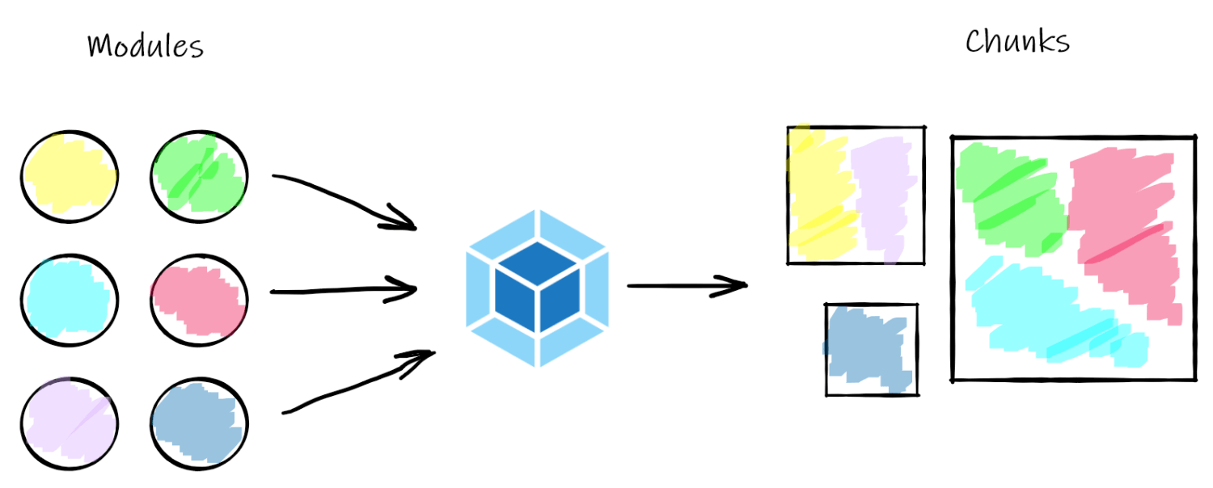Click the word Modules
click(x=145, y=46)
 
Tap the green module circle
click(x=199, y=175)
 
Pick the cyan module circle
click(x=70, y=300)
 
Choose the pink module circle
click(x=199, y=300)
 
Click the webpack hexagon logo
click(x=537, y=288)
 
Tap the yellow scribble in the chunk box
click(x=817, y=194)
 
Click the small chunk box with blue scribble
click(x=871, y=349)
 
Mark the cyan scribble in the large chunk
click(x=1051, y=311)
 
